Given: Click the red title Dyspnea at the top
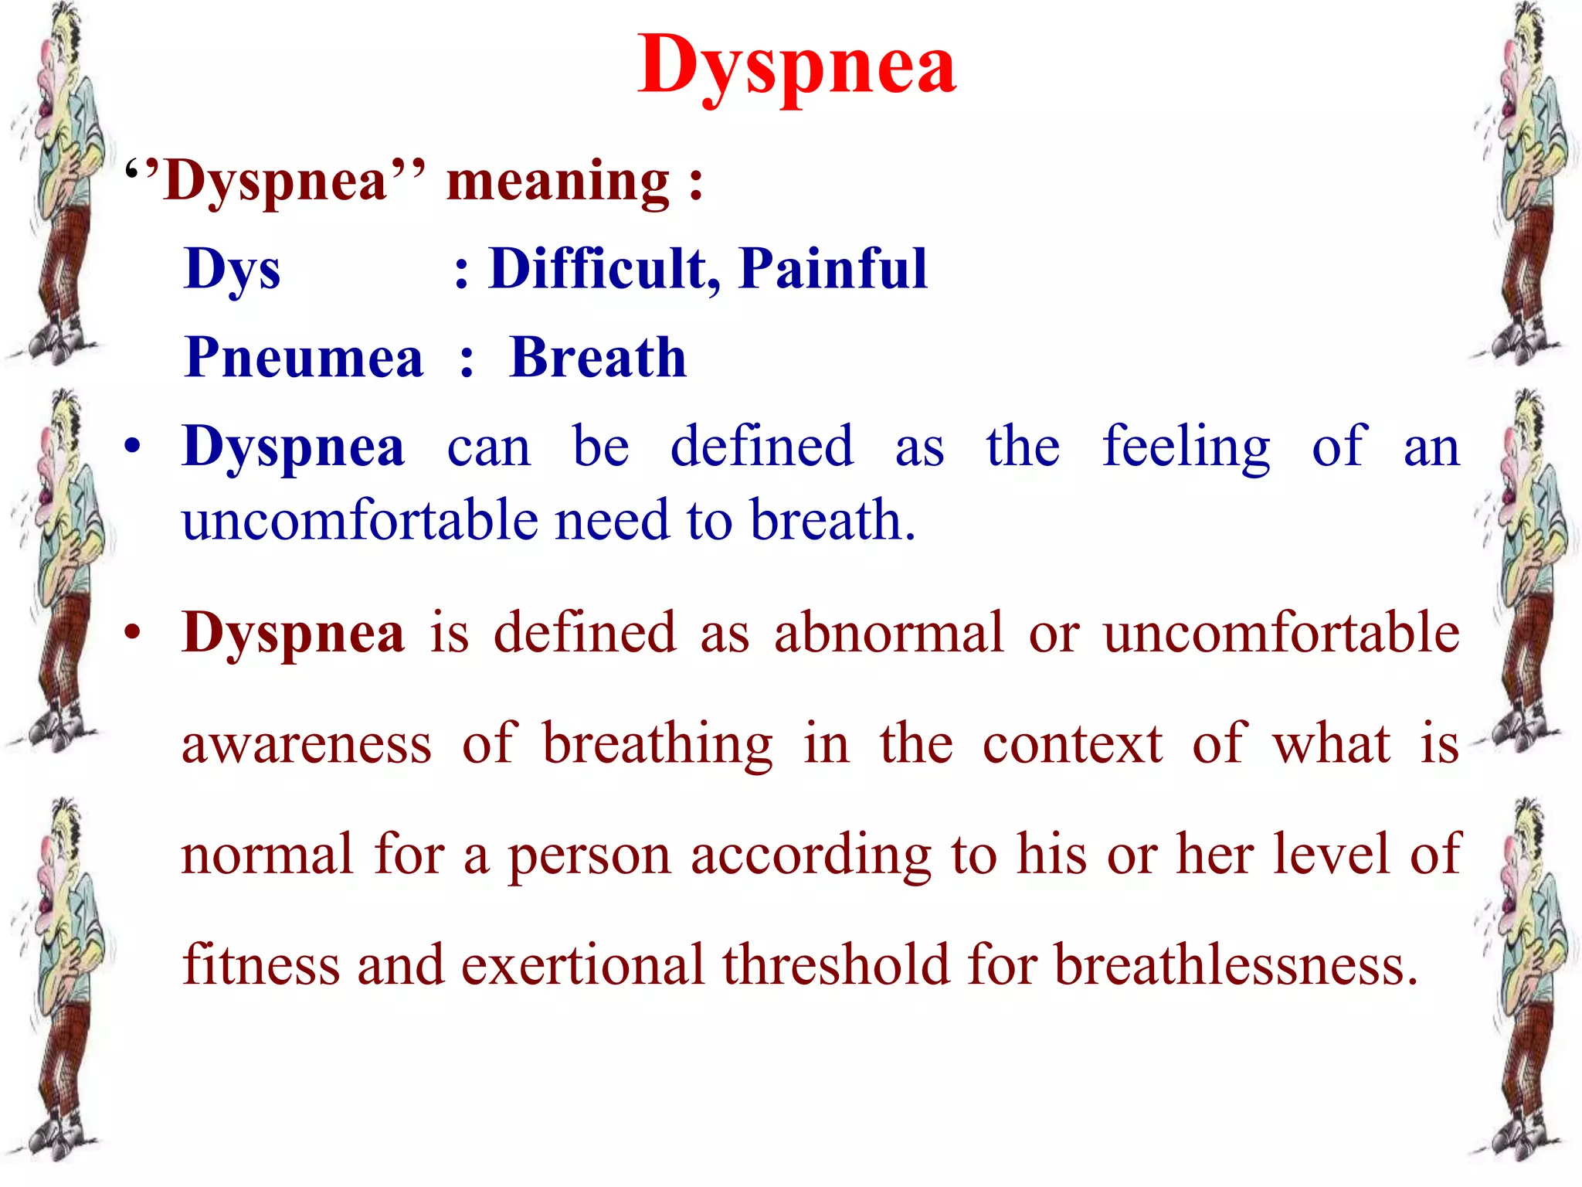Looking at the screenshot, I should [x=796, y=68].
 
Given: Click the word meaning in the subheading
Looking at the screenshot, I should [x=558, y=182].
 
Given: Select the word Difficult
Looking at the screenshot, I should [x=598, y=269].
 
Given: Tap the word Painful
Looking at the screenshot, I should [x=833, y=269].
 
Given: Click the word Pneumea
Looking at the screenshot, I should [x=304, y=358].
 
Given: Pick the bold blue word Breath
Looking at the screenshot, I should [x=597, y=358].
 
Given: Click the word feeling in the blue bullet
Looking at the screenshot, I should [x=1186, y=448].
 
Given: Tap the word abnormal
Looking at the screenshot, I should [x=889, y=633].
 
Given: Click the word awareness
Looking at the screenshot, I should [x=307, y=744].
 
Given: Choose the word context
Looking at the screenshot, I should [x=1072, y=744].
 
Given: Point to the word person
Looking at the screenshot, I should [x=589, y=856].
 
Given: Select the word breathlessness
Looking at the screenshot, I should [x=1236, y=965].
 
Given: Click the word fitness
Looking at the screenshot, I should [x=260, y=965].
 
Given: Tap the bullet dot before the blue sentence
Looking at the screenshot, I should [x=133, y=446].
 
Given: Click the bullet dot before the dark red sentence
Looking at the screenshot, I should [x=133, y=632].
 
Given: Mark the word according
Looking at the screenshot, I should [x=811, y=856].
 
